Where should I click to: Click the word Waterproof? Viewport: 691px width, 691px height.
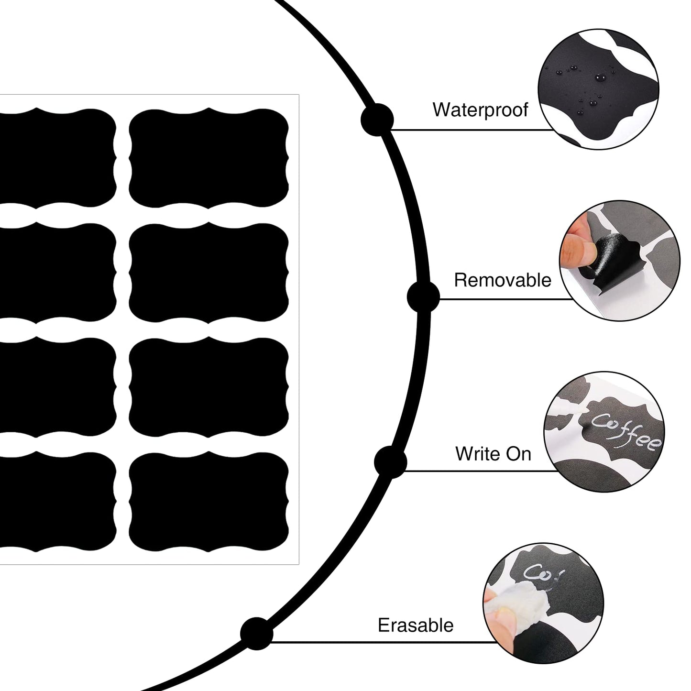[x=480, y=110]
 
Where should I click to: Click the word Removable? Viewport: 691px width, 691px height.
[x=503, y=280]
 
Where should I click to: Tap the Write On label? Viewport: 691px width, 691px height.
[x=493, y=453]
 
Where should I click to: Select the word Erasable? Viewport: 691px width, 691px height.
[x=416, y=625]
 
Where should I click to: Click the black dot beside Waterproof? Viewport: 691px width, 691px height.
[x=377, y=119]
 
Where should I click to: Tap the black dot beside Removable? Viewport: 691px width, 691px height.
[x=423, y=297]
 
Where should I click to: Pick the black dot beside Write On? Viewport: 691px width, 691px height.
[x=391, y=461]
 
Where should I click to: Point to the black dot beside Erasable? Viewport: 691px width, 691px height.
[x=256, y=634]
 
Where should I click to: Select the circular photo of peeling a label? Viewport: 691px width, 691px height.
[x=619, y=260]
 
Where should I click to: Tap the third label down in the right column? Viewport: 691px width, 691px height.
[x=209, y=387]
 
